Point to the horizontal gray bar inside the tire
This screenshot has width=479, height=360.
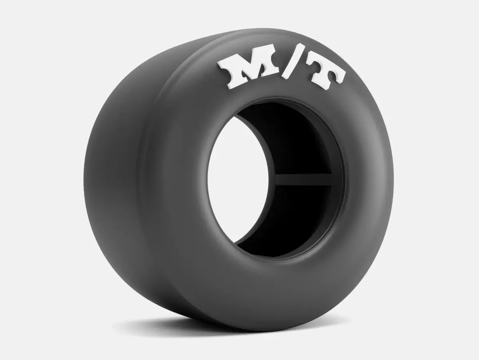[303, 180]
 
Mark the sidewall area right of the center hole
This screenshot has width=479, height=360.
[367, 180]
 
